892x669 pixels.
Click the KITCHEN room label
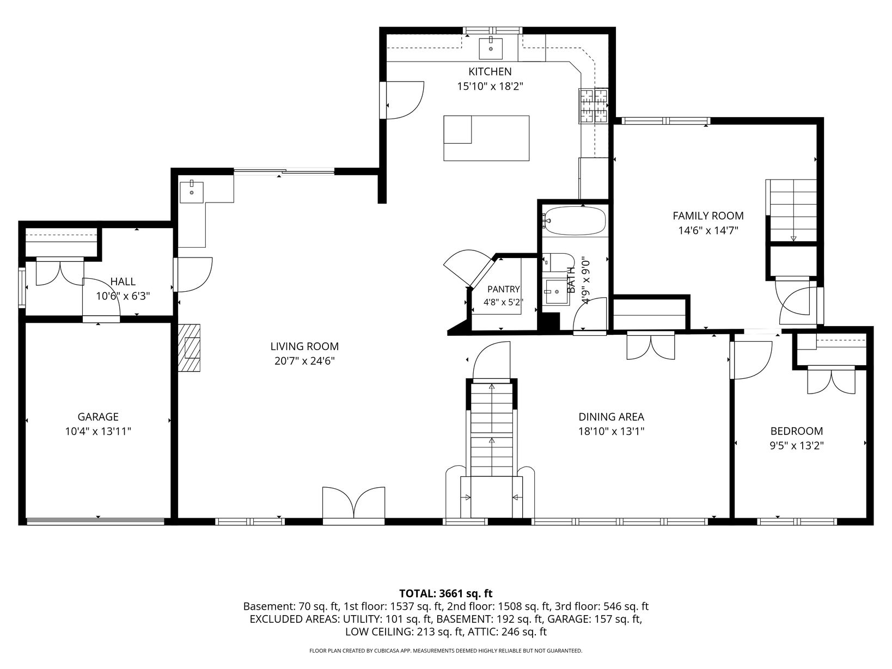pyautogui.click(x=490, y=72)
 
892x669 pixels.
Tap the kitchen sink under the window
pyautogui.click(x=491, y=48)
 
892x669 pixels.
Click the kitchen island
pyautogui.click(x=486, y=138)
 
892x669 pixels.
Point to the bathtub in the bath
pyautogui.click(x=575, y=222)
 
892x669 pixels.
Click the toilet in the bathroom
pyautogui.click(x=558, y=263)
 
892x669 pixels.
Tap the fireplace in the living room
pyautogui.click(x=190, y=348)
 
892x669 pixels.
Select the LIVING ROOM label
pyautogui.click(x=304, y=347)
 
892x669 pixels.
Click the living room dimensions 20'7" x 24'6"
pyautogui.click(x=304, y=361)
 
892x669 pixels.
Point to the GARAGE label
pyautogui.click(x=98, y=417)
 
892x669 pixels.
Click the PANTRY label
pyautogui.click(x=504, y=289)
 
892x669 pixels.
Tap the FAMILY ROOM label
pyautogui.click(x=708, y=216)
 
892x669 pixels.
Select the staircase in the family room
pyautogui.click(x=791, y=211)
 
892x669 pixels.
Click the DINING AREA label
pyautogui.click(x=611, y=417)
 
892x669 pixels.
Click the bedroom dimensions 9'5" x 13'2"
pyautogui.click(x=797, y=446)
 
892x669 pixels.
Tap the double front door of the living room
pyautogui.click(x=353, y=503)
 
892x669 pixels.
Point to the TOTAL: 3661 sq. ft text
pyautogui.click(x=446, y=593)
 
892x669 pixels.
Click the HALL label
pyautogui.click(x=123, y=281)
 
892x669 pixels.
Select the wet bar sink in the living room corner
pyautogui.click(x=191, y=192)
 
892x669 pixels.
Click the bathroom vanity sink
pyautogui.click(x=557, y=292)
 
